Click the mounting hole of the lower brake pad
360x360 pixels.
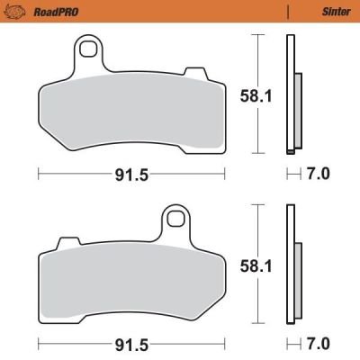click(x=177, y=219)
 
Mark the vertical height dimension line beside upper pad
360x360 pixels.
click(x=259, y=94)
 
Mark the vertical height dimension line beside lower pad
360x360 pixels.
click(x=259, y=265)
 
